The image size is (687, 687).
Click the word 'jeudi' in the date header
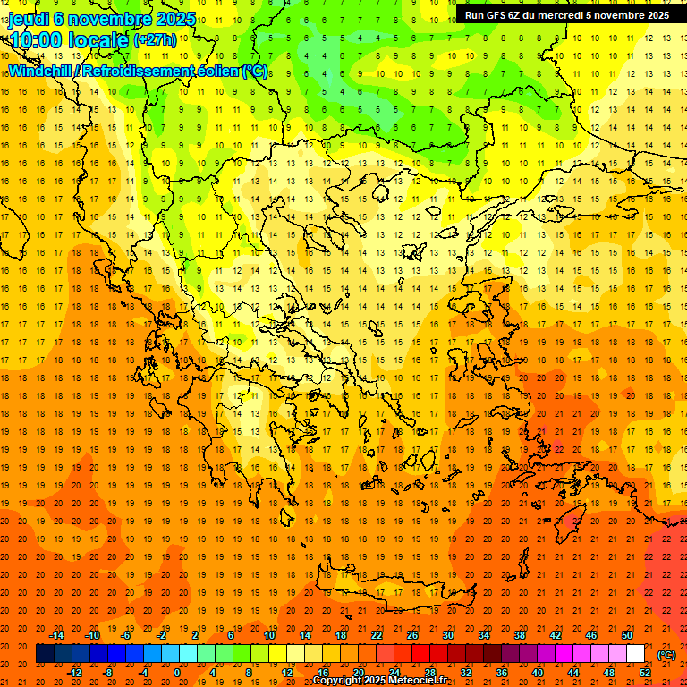pyautogui.click(x=30, y=19)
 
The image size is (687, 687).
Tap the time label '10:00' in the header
pyautogui.click(x=36, y=39)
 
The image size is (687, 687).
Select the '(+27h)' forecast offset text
pyautogui.click(x=155, y=39)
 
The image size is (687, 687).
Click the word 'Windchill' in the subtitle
pyautogui.click(x=41, y=71)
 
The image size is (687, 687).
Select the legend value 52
pyautogui.click(x=645, y=673)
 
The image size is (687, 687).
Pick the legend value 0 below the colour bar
pyautogui.click(x=177, y=673)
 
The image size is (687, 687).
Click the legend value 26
pyautogui.click(x=412, y=635)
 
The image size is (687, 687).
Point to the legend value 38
pyautogui.click(x=520, y=635)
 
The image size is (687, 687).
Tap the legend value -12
pyautogui.click(x=75, y=673)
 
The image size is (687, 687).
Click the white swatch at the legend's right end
pyautogui.click(x=635, y=654)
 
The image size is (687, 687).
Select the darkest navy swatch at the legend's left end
pyautogui.click(x=45, y=654)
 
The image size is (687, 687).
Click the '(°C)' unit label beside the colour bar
pyautogui.click(x=666, y=655)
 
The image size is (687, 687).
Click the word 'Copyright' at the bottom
pyautogui.click(x=339, y=681)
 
